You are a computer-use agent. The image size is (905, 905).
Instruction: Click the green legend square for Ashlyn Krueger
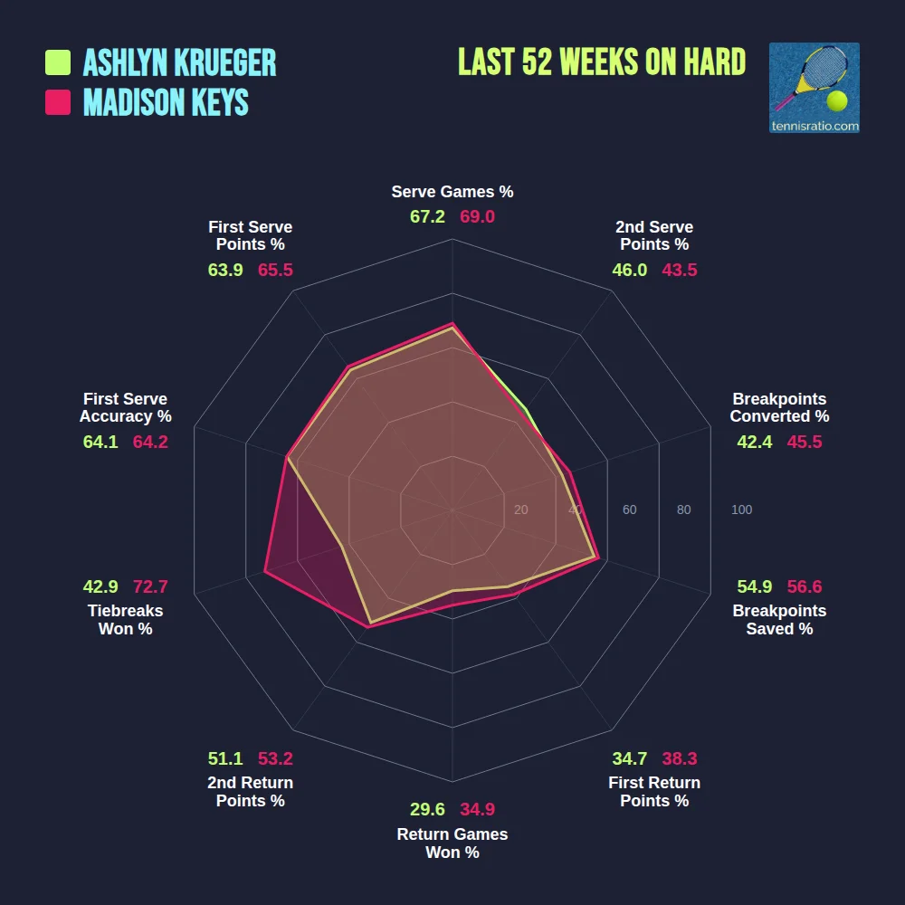[58, 62]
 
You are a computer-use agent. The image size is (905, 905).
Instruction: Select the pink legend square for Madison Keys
[58, 102]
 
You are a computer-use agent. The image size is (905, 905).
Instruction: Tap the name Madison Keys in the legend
[166, 102]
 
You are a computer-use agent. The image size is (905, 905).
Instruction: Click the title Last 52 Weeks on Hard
[602, 62]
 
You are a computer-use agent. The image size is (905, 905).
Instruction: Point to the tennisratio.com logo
[814, 88]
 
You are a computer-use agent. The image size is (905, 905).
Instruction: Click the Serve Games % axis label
[452, 192]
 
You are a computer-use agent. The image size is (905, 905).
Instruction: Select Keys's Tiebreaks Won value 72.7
[150, 586]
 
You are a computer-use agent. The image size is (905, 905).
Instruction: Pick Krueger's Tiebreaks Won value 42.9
[100, 586]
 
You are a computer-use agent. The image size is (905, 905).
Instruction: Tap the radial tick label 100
[741, 510]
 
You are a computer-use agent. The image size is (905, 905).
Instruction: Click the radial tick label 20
[520, 510]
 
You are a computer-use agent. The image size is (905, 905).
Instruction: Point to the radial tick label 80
[683, 510]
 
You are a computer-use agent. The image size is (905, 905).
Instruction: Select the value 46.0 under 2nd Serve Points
[630, 270]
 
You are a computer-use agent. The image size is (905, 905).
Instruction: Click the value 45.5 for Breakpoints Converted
[805, 442]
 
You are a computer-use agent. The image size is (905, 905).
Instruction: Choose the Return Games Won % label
[452, 843]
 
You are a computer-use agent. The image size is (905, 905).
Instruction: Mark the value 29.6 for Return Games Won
[427, 809]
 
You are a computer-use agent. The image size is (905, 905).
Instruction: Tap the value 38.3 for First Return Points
[679, 758]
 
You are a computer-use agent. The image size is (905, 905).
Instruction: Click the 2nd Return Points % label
[251, 792]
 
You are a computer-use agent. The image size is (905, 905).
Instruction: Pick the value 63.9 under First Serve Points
[225, 270]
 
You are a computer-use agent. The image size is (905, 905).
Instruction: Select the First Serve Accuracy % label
[125, 407]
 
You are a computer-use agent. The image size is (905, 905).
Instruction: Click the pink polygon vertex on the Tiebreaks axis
[265, 571]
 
